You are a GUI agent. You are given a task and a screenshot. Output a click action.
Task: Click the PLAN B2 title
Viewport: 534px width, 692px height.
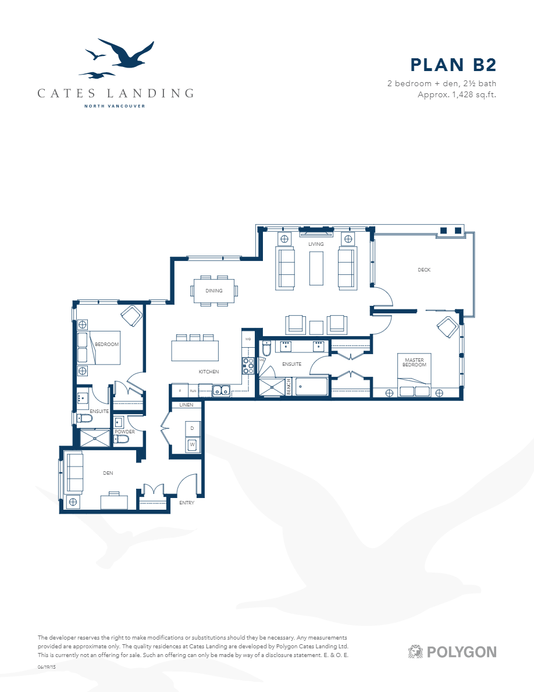tap(453, 65)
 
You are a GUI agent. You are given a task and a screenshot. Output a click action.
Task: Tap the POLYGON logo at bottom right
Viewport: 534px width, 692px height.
tap(452, 651)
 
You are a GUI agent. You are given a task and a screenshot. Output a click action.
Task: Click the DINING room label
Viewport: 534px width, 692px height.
tap(214, 290)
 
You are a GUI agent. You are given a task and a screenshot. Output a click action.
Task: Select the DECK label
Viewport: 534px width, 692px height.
tap(424, 270)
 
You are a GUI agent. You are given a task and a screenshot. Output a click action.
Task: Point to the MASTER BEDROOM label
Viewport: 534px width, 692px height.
tap(415, 362)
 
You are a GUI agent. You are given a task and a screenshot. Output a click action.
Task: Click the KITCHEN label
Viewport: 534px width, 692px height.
tap(208, 372)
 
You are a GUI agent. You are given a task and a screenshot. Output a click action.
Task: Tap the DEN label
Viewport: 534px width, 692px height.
tap(108, 473)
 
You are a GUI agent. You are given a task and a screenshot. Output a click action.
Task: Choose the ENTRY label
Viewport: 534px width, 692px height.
tap(187, 502)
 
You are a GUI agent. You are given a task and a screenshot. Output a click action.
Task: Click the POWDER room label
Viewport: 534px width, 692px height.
tap(124, 432)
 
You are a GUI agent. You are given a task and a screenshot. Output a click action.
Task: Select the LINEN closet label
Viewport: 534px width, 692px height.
tap(186, 405)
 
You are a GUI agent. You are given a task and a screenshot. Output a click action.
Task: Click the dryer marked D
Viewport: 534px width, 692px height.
tap(193, 429)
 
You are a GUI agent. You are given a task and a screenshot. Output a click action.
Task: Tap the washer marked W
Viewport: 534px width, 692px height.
tap(193, 446)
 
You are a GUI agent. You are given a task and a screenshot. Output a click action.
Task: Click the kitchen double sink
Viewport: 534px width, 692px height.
tap(221, 391)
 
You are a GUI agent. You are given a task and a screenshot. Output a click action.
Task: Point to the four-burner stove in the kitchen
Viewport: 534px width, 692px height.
tap(248, 365)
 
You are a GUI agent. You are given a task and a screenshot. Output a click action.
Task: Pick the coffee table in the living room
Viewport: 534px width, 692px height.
tap(316, 268)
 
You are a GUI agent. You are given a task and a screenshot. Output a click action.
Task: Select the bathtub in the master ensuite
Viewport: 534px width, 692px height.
tap(312, 387)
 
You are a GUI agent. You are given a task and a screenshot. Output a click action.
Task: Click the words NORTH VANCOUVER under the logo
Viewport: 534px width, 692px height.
tap(115, 106)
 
